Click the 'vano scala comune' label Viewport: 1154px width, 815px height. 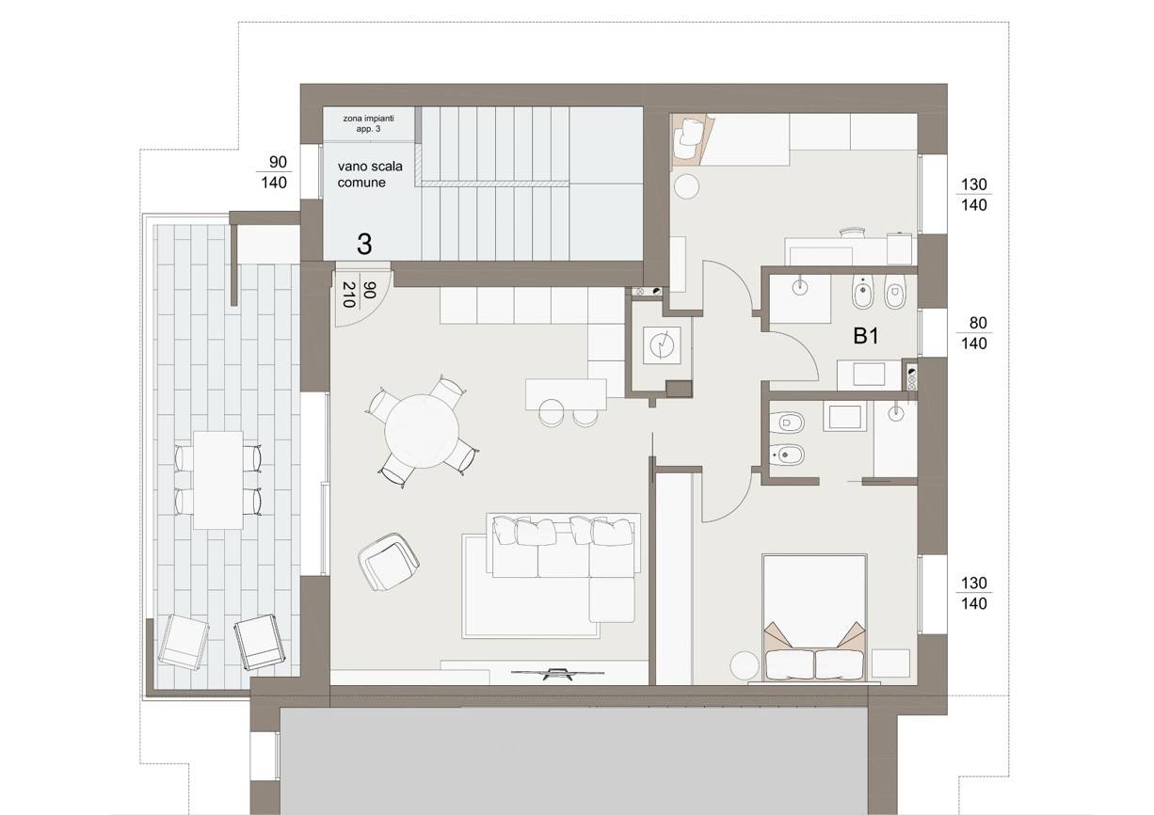click(x=370, y=174)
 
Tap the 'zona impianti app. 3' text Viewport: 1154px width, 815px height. click(x=368, y=123)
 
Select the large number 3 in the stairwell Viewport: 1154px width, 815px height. click(x=364, y=245)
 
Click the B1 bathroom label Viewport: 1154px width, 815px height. click(x=866, y=336)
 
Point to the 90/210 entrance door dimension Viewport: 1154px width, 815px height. click(x=359, y=295)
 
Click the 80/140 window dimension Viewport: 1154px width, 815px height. click(x=974, y=333)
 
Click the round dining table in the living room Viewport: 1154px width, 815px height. click(x=422, y=431)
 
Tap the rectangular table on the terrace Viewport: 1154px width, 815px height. click(x=218, y=480)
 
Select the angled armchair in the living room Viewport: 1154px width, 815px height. click(x=388, y=562)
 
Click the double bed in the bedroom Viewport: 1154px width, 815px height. click(x=814, y=618)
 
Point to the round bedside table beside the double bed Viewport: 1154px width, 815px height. click(x=745, y=666)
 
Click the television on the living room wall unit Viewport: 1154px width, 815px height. click(x=557, y=673)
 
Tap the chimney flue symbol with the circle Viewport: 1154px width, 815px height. click(x=661, y=344)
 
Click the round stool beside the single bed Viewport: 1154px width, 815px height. click(x=687, y=186)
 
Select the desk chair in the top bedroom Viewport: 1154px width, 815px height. click(x=852, y=232)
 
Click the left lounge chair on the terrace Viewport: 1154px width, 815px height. click(x=184, y=641)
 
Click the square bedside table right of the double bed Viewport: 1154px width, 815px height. click(x=890, y=663)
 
